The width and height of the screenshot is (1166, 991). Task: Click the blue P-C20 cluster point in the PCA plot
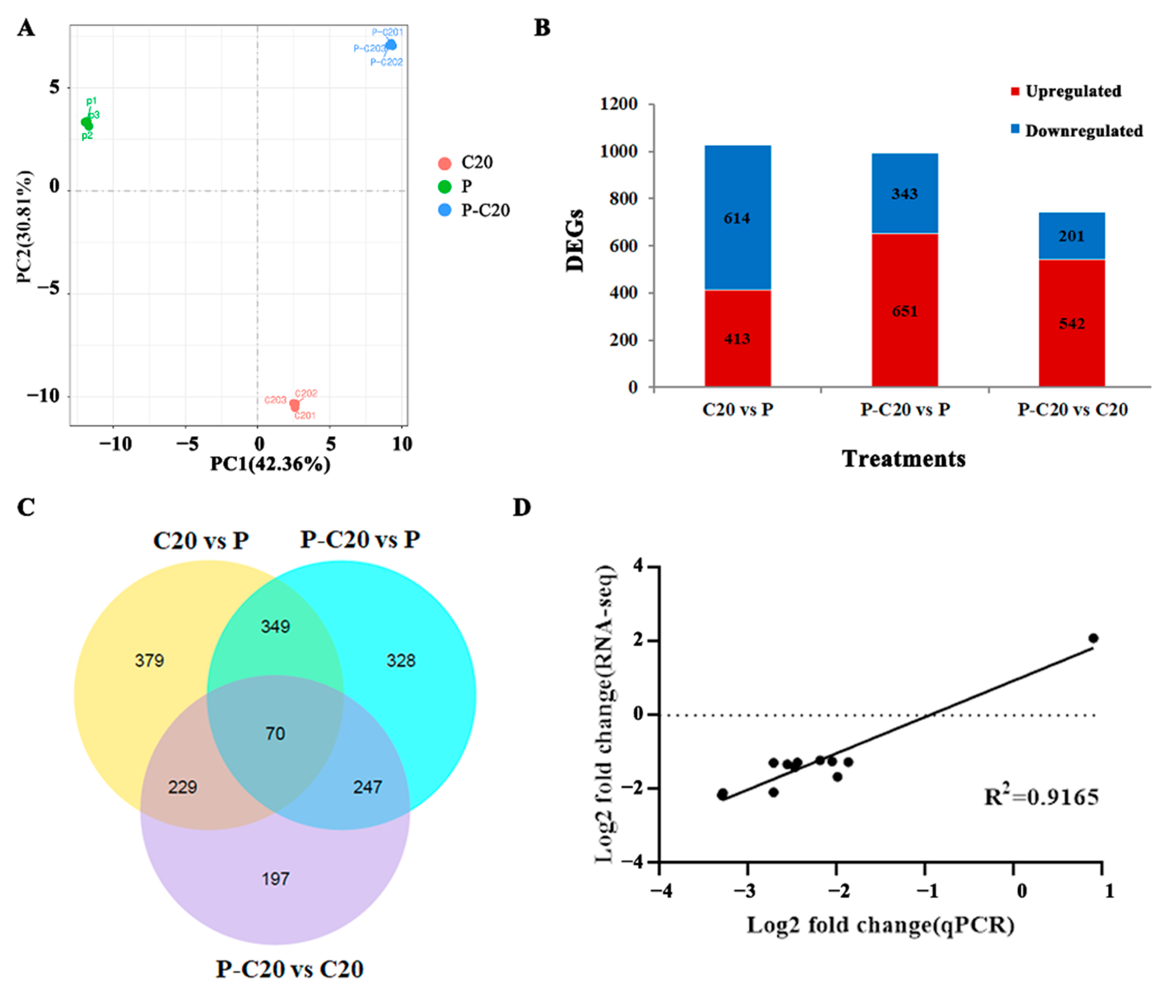coord(391,45)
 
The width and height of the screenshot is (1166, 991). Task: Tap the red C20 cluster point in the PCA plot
coord(294,404)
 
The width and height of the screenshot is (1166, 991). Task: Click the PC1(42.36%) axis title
coord(270,464)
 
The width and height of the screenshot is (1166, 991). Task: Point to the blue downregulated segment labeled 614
coord(737,218)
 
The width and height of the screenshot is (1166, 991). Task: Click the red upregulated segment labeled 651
coord(904,311)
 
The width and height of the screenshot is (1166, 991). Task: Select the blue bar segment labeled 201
coord(1071,236)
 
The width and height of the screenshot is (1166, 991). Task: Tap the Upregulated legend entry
coord(1072,92)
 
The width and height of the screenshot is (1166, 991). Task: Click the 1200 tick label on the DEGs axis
coord(618,105)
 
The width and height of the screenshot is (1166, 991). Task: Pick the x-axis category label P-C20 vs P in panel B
coord(905,410)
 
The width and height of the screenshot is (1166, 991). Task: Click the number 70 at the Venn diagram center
coord(275,733)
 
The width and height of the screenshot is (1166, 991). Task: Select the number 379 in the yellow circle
coord(149,660)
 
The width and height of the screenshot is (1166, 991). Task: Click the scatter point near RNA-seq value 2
coord(1093,638)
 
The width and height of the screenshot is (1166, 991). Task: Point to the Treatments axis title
coord(904,459)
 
